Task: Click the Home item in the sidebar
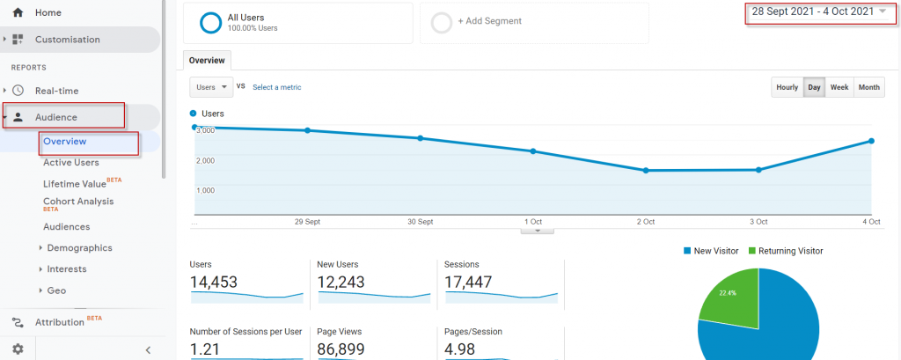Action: (48, 13)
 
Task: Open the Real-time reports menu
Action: (56, 90)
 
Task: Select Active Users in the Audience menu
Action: (70, 162)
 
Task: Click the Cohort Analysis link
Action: (78, 202)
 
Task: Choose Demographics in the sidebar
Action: (79, 248)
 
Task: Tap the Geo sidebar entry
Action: (56, 290)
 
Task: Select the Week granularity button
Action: (839, 87)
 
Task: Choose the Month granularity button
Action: (868, 87)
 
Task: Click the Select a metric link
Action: (277, 87)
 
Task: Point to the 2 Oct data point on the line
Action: (646, 171)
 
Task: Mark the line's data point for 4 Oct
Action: (871, 141)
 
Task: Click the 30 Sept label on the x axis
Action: (420, 222)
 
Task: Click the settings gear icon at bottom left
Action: (18, 349)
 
